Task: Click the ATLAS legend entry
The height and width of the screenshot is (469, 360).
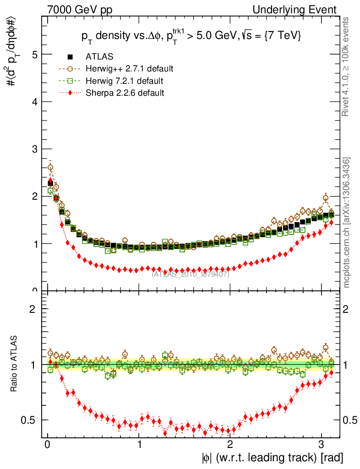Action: [x=99, y=57]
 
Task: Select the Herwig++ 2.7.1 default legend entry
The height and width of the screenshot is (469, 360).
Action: [x=129, y=69]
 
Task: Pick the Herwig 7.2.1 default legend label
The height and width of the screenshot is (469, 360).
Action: [x=125, y=81]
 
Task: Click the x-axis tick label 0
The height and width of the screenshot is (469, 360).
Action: [x=48, y=445]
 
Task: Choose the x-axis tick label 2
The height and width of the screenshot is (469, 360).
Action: [x=230, y=445]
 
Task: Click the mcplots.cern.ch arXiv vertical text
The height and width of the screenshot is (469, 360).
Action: [x=347, y=222]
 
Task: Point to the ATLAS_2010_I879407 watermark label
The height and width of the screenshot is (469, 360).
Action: [x=191, y=274]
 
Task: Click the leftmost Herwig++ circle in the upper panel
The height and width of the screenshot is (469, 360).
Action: [x=50, y=168]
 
